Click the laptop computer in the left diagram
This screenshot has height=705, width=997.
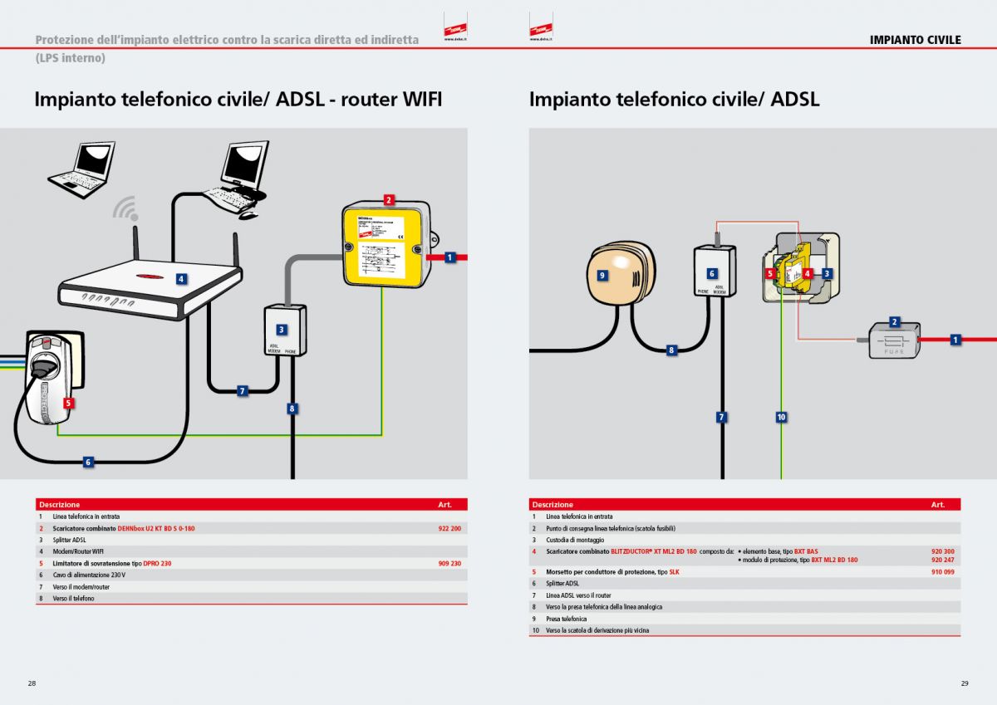81,170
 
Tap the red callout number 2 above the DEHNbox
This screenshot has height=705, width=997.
388,199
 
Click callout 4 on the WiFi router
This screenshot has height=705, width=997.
180,279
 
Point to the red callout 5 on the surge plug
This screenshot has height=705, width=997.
68,403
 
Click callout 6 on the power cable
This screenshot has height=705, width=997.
88,462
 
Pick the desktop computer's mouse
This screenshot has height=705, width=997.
248,215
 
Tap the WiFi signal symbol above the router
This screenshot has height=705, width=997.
125,207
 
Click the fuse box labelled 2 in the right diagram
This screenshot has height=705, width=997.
892,340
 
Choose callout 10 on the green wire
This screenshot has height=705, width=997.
781,417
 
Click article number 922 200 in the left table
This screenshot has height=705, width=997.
449,528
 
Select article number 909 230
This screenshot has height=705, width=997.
449,563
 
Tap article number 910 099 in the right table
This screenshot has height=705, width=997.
942,572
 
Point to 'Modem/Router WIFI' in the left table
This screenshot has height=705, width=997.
78,551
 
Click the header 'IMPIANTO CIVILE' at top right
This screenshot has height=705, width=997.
915,40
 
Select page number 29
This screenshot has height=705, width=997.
965,683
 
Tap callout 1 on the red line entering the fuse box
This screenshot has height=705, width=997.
955,340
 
